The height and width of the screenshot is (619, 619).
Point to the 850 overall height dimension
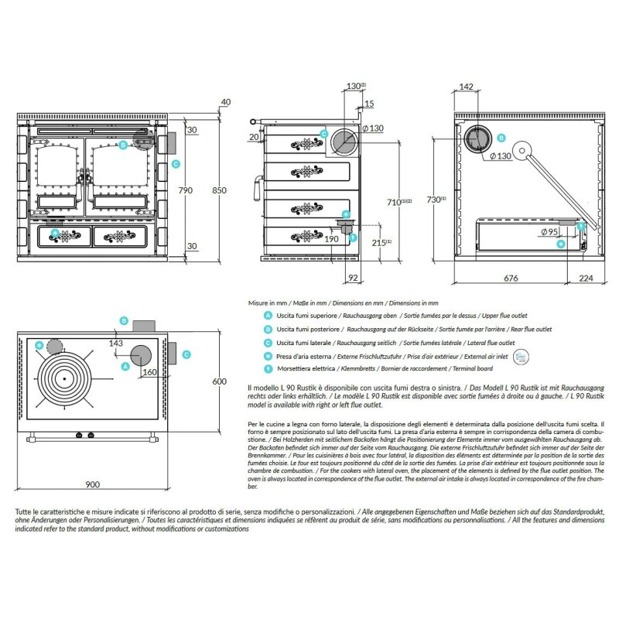coord(220,190)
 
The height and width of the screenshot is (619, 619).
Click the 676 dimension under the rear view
coord(511,276)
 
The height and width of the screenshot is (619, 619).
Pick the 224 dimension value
coord(586,276)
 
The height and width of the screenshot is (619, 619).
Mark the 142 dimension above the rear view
coord(466,87)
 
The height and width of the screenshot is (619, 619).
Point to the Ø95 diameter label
coord(549,232)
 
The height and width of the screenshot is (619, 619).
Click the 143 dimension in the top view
coord(117,343)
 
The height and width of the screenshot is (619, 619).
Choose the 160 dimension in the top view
coord(149,372)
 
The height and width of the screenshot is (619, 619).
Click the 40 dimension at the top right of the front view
coord(226,101)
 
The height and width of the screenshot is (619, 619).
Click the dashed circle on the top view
coord(55,347)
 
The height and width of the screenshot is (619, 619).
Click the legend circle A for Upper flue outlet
coord(267,316)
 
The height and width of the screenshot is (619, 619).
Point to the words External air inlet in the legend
coord(484,355)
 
